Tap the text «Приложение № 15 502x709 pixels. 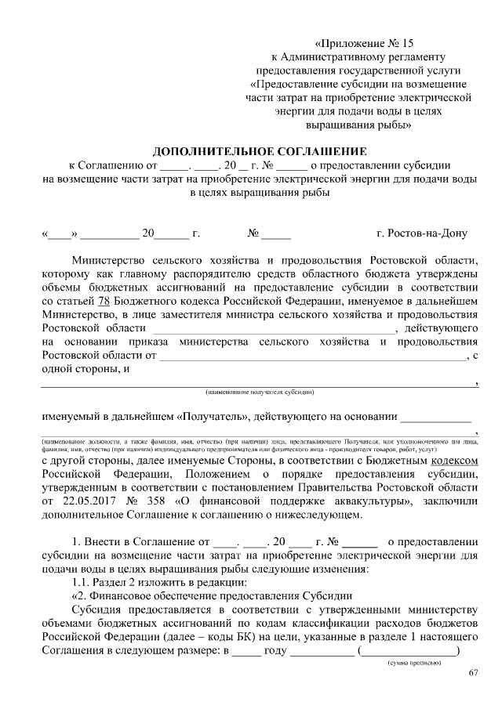(x=358, y=43)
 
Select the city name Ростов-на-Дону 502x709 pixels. (x=422, y=233)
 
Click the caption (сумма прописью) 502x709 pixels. (x=415, y=663)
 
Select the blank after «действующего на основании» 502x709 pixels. (x=435, y=417)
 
